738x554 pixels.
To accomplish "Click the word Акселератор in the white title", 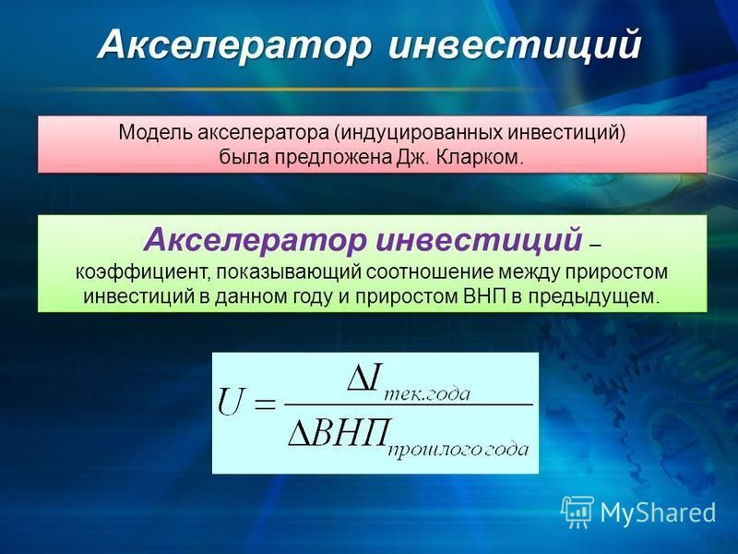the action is (x=234, y=44).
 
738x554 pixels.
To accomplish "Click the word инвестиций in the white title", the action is (x=515, y=44).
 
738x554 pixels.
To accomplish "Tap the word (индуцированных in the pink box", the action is (x=419, y=133).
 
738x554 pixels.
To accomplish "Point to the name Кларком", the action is (x=480, y=157).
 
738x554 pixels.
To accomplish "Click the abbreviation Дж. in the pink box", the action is (x=412, y=157).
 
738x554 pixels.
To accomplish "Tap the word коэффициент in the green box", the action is (x=144, y=272).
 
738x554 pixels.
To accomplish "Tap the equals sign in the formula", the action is (x=265, y=404).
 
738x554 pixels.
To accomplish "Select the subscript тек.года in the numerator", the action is (x=426, y=394).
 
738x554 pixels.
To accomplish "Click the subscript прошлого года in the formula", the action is (x=458, y=450).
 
